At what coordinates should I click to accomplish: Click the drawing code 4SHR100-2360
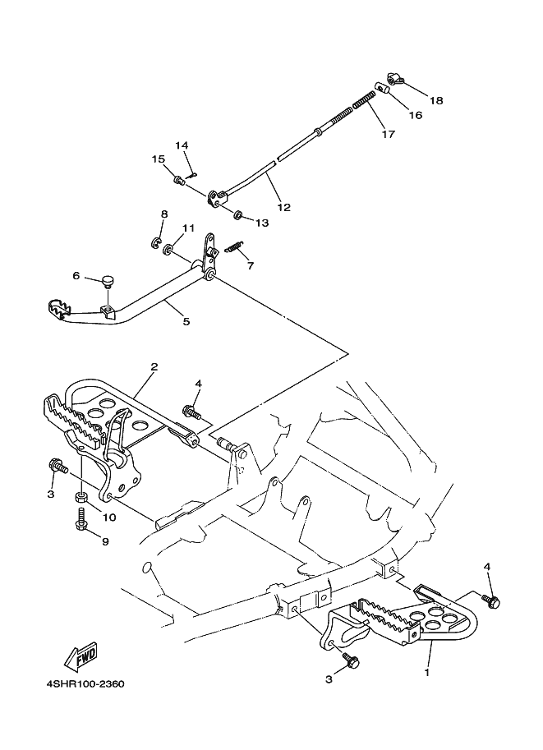(x=85, y=684)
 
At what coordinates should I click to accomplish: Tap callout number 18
(x=436, y=100)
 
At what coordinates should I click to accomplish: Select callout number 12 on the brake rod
(x=283, y=207)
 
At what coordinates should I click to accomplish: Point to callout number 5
(x=186, y=321)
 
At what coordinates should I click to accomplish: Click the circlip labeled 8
(x=156, y=243)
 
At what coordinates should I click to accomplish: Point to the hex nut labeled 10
(x=81, y=498)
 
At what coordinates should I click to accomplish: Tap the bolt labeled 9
(x=81, y=519)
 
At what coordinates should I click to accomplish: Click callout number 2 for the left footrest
(x=154, y=367)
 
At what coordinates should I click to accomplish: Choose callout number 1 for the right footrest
(x=426, y=673)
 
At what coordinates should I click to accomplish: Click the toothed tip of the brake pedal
(x=60, y=310)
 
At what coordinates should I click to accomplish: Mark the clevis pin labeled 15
(x=178, y=181)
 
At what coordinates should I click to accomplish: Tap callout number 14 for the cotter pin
(x=182, y=145)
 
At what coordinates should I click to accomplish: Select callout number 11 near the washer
(x=188, y=228)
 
